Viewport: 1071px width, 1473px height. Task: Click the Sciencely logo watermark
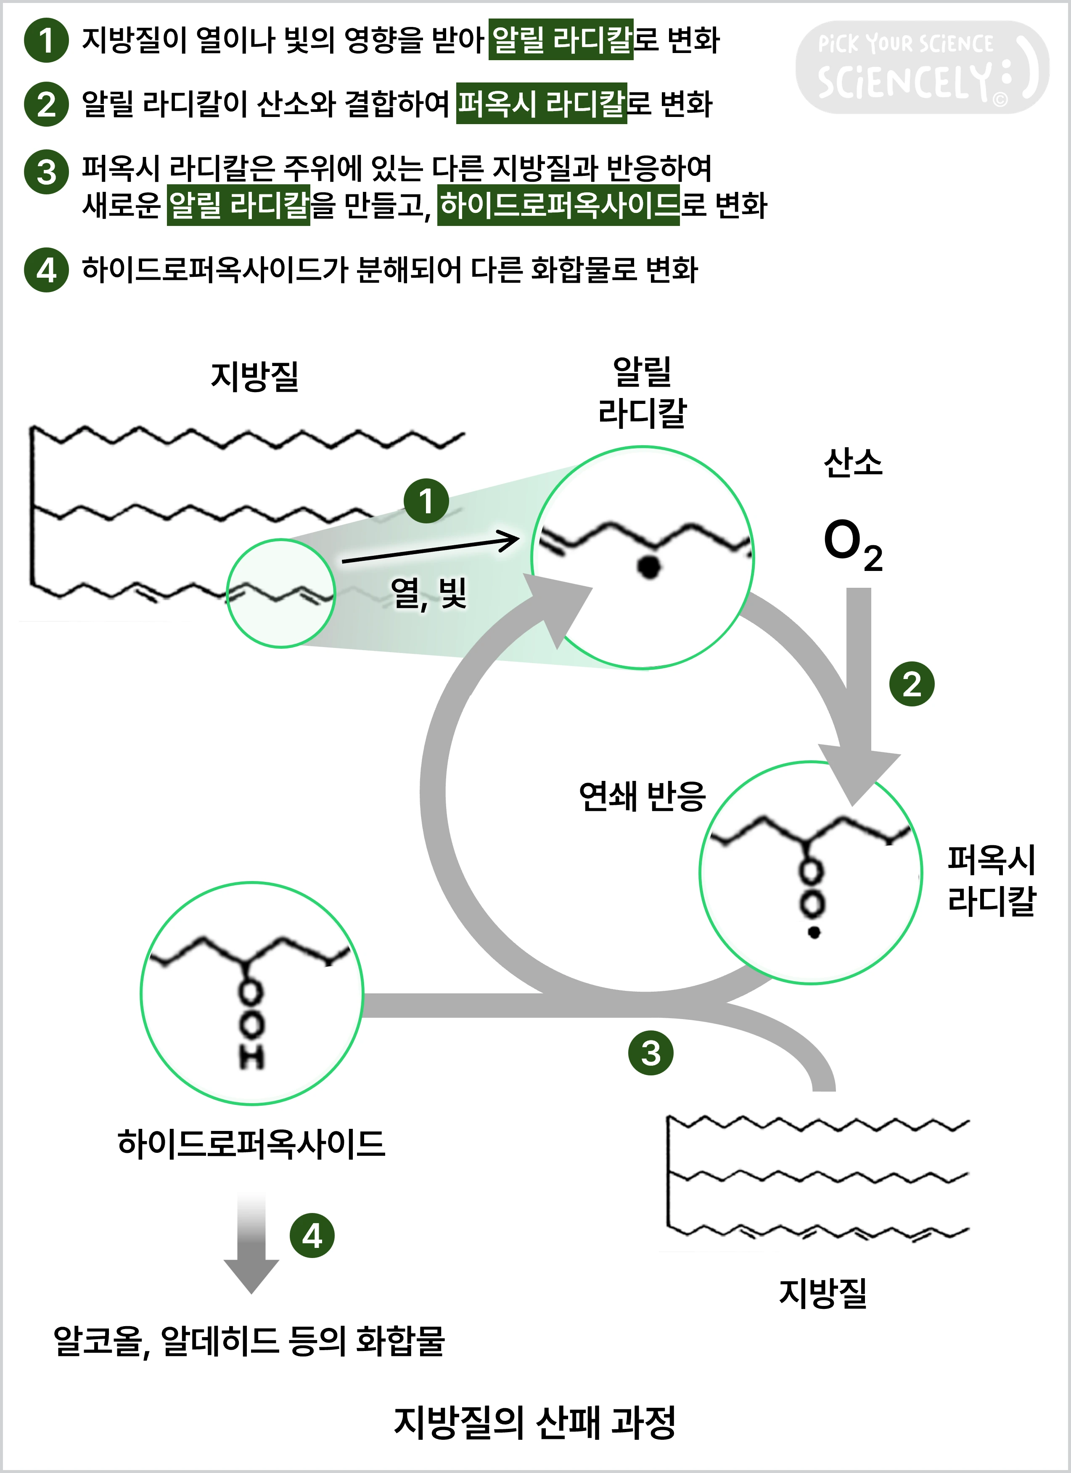pyautogui.click(x=922, y=68)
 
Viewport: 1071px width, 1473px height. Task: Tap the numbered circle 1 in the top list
pyautogui.click(x=46, y=40)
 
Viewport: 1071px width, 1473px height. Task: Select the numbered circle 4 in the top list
pyautogui.click(x=46, y=270)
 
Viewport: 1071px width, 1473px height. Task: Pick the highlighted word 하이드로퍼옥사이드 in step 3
pyautogui.click(x=558, y=205)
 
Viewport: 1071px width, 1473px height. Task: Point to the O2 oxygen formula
pyautogui.click(x=852, y=544)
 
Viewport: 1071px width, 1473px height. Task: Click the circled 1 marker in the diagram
pyautogui.click(x=426, y=501)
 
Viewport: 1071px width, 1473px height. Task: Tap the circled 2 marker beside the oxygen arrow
pyautogui.click(x=911, y=684)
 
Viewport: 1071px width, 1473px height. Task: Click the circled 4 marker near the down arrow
pyautogui.click(x=312, y=1236)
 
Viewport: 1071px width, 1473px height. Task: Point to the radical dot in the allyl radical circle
pyautogui.click(x=648, y=567)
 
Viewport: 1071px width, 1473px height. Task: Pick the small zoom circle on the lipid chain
pyautogui.click(x=280, y=593)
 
